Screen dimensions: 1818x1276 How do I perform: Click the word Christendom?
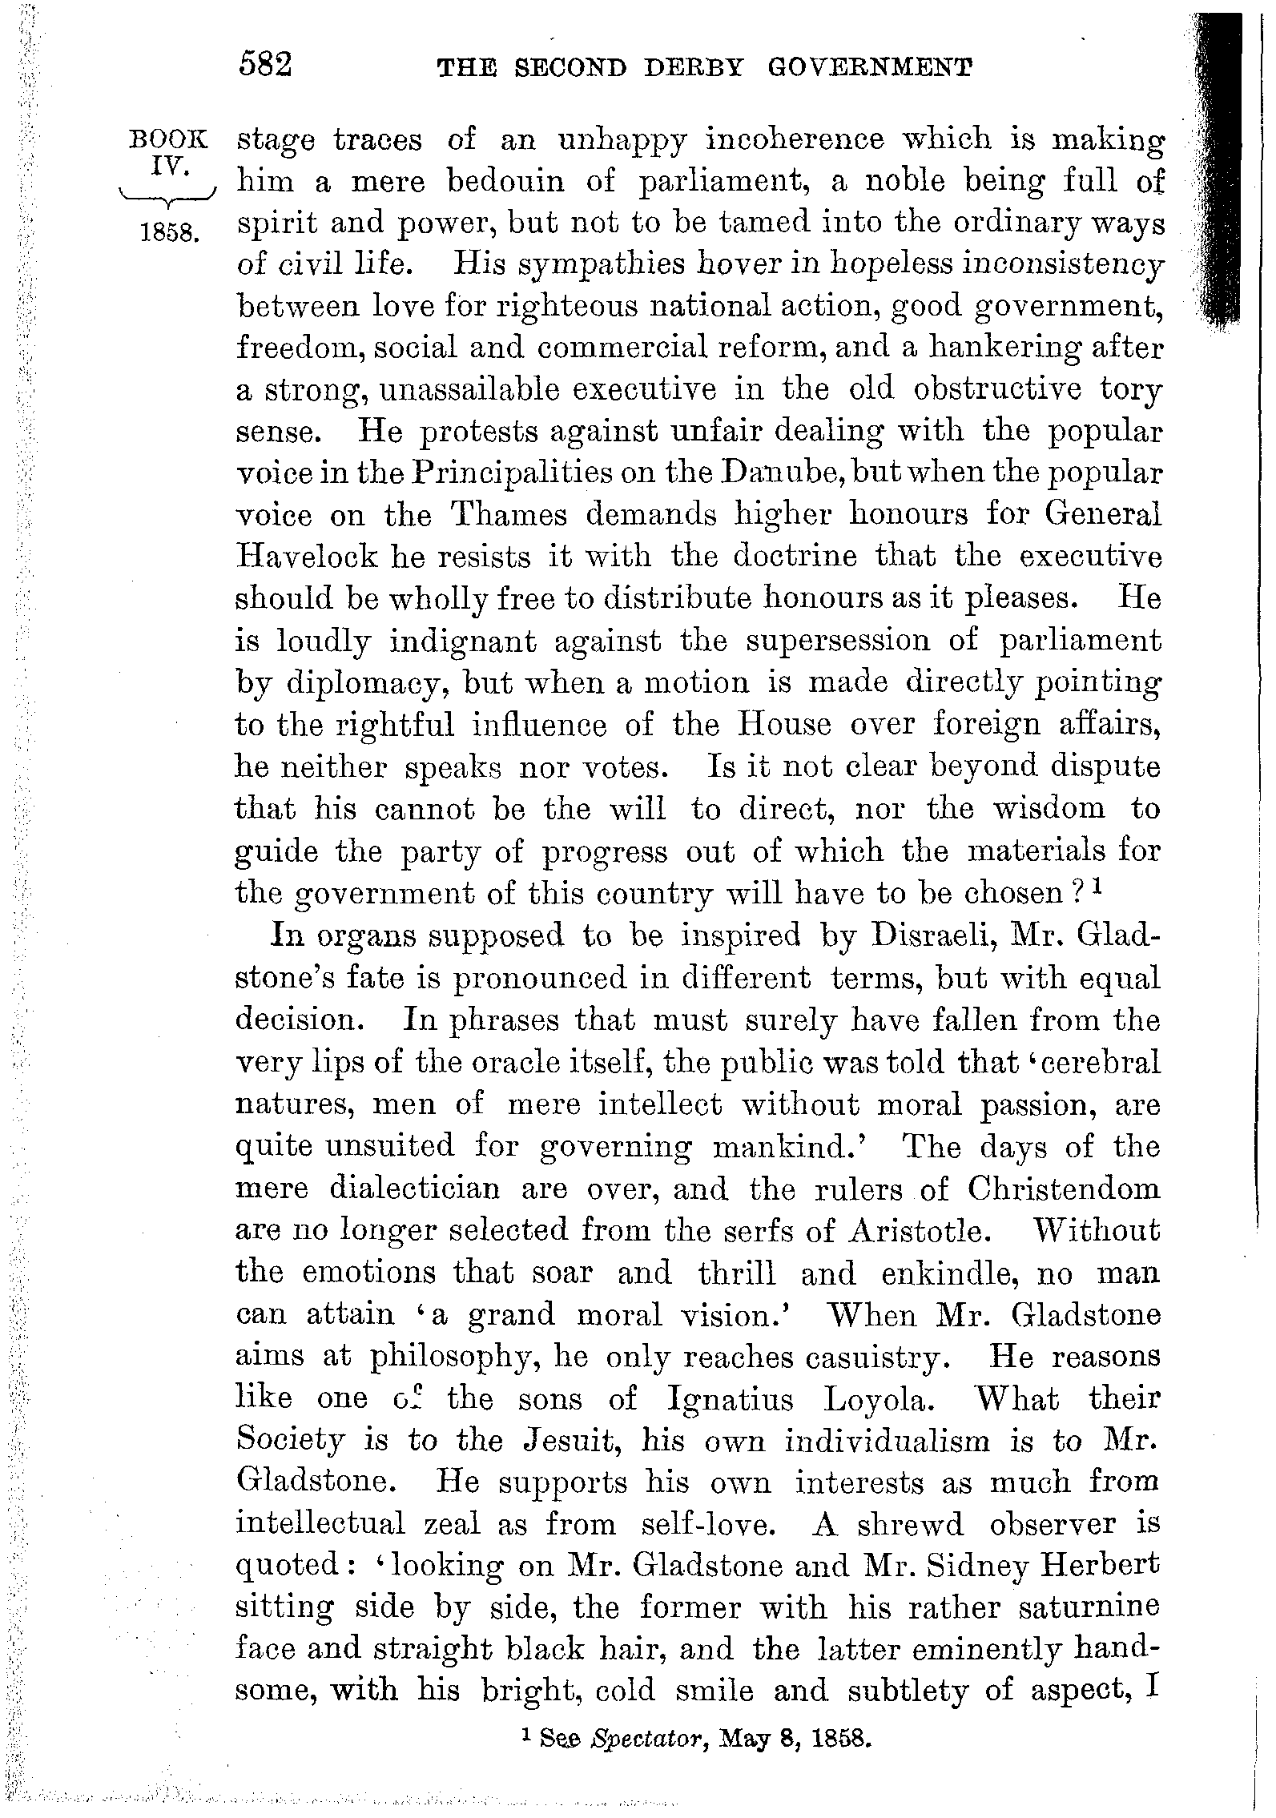1063,1189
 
